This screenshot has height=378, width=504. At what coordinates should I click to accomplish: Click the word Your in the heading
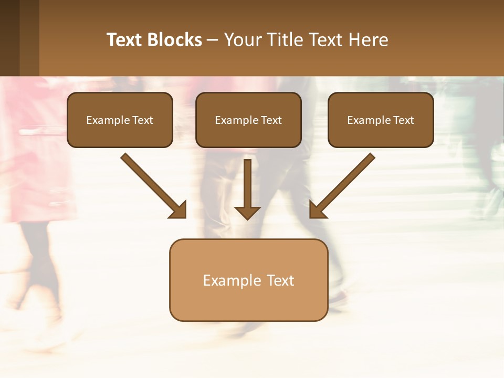coord(243,40)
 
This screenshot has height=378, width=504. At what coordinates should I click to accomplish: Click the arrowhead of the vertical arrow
coord(247,213)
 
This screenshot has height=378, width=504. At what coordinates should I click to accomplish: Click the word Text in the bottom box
coord(280,280)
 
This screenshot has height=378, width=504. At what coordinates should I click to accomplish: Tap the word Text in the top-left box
coord(143,120)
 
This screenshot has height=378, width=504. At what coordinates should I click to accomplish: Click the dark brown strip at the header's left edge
coord(9,38)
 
